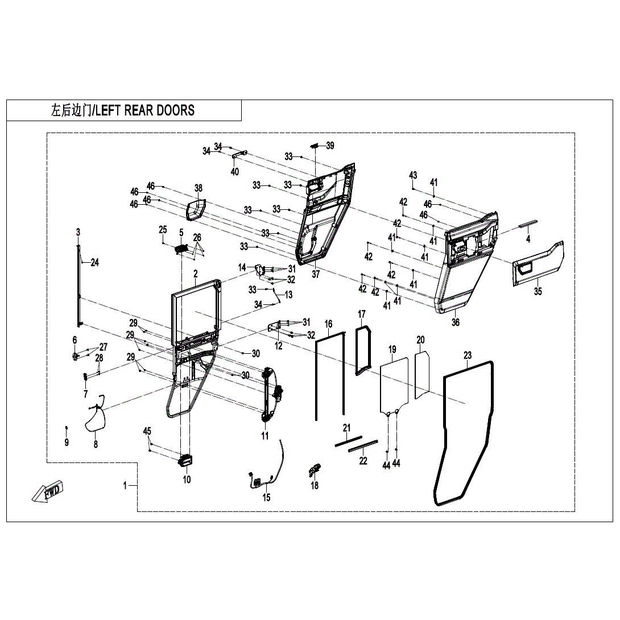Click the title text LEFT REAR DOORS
pyautogui.click(x=145, y=110)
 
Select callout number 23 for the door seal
pyautogui.click(x=468, y=356)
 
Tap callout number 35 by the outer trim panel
pyautogui.click(x=538, y=292)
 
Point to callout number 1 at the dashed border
pyautogui.click(x=125, y=485)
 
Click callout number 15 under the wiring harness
pyautogui.click(x=266, y=498)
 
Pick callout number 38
pyautogui.click(x=198, y=188)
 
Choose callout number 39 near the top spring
pyautogui.click(x=330, y=146)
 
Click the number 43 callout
pyautogui.click(x=414, y=175)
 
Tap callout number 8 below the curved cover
pyautogui.click(x=96, y=444)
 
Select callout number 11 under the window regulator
pyautogui.click(x=265, y=436)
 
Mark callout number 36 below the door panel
pyautogui.click(x=455, y=323)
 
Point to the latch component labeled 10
pyautogui.click(x=185, y=461)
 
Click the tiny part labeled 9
pyautogui.click(x=67, y=427)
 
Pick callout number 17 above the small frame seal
pyautogui.click(x=361, y=314)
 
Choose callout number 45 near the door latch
pyautogui.click(x=147, y=431)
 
